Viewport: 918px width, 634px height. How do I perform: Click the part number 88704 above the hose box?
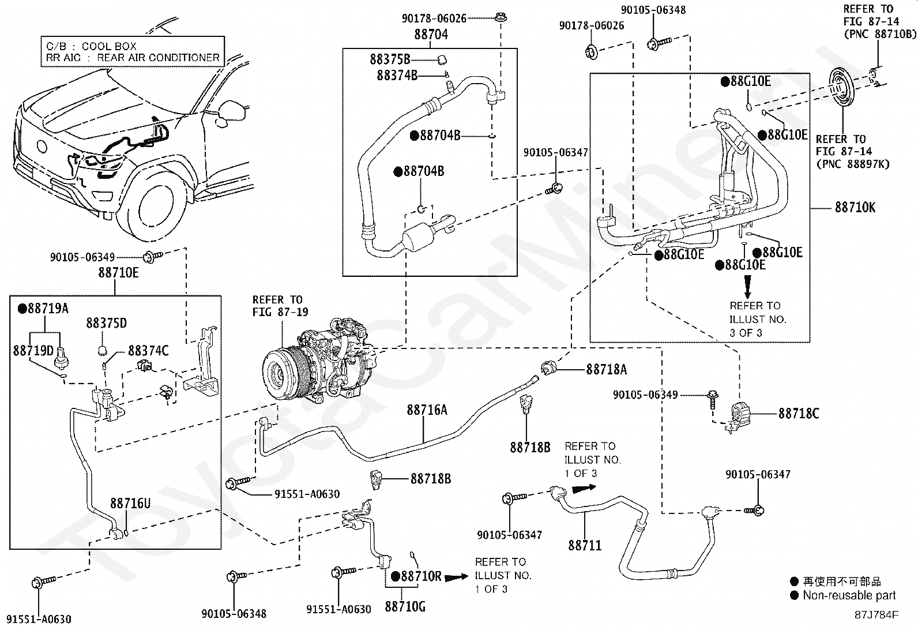431,35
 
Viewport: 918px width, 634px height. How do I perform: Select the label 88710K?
855,207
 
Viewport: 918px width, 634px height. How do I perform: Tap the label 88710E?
118,273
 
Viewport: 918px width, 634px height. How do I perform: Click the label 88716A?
427,410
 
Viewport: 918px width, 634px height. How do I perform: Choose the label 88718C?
799,414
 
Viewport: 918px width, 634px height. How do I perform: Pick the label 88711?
585,545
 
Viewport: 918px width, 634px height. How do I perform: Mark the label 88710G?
405,606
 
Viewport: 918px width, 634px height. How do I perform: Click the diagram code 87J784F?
876,614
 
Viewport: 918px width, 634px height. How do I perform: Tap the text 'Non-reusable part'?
849,595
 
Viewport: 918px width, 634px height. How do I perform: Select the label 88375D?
107,323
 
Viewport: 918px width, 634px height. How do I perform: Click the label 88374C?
148,351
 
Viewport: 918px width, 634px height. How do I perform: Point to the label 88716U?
130,504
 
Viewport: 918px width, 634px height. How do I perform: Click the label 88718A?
606,370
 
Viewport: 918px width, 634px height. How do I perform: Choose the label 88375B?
390,59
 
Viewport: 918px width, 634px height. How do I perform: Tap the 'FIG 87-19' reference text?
280,312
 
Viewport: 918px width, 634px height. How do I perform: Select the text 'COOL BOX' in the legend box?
109,46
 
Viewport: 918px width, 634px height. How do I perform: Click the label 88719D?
33,350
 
